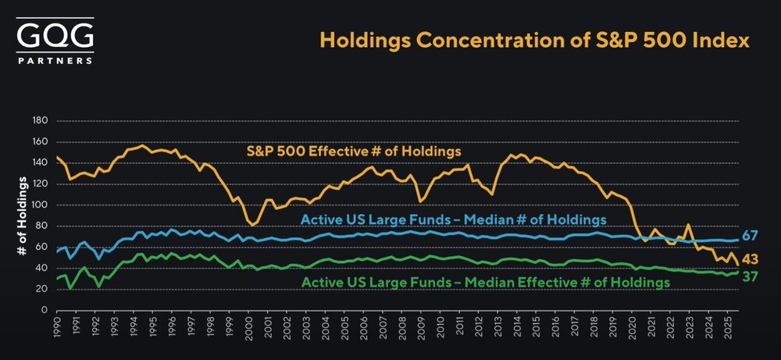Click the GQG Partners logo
[55, 40]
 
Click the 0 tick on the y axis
[45, 310]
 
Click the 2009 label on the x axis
[422, 328]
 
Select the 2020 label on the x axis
[632, 328]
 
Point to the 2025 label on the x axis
[727, 328]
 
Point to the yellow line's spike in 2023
[688, 225]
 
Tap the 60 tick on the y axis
[42, 247]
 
